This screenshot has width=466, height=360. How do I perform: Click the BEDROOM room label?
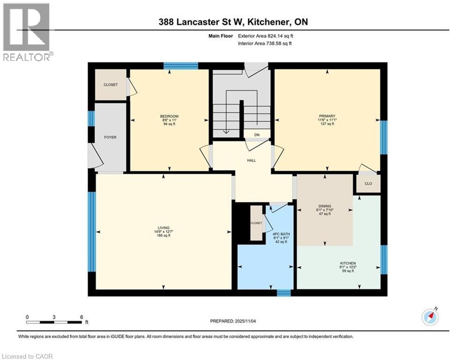(169, 116)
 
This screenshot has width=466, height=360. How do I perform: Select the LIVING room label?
(163, 227)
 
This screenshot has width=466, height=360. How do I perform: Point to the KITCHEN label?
(348, 263)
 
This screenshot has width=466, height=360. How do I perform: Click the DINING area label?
(325, 206)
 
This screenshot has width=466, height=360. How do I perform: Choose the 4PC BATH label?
(279, 234)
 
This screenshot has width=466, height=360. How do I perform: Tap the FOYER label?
(110, 137)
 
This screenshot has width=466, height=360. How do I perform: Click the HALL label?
(251, 161)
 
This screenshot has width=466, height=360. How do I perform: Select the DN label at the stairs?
(257, 135)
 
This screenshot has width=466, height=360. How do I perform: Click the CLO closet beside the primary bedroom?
(368, 183)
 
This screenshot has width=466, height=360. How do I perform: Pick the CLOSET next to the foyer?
(111, 85)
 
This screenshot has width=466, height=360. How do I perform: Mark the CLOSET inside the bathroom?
(256, 223)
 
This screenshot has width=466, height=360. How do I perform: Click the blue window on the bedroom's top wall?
(181, 66)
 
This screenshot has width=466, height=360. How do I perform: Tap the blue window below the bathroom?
(283, 293)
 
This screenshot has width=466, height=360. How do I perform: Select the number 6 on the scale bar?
(81, 317)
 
